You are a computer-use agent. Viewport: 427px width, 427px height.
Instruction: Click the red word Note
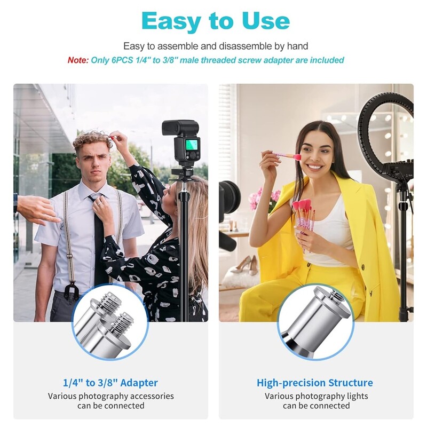point(78,60)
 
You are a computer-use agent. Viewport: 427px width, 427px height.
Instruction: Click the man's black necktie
point(98,240)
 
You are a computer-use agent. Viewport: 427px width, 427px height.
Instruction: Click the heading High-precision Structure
point(315,383)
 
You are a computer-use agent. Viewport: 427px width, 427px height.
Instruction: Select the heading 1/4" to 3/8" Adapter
point(110,383)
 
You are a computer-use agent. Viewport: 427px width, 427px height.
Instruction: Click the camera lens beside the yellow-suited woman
point(229,196)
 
